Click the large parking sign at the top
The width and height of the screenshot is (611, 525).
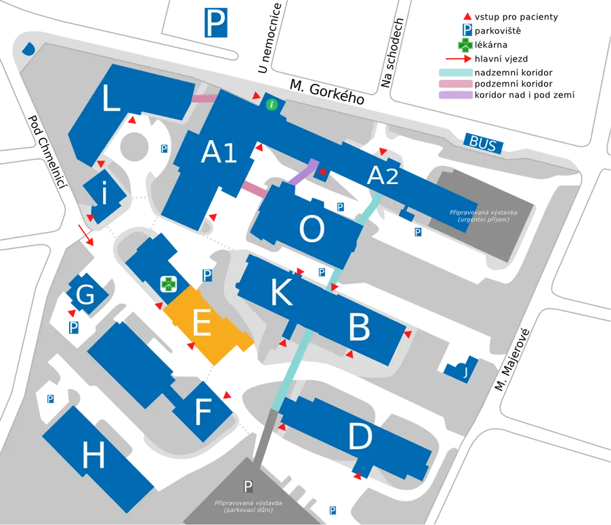pyautogui.click(x=216, y=23)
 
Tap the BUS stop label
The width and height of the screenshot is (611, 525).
pyautogui.click(x=483, y=143)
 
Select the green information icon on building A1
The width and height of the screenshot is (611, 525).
pyautogui.click(x=272, y=104)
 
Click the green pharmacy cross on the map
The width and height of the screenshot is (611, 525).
pyautogui.click(x=169, y=284)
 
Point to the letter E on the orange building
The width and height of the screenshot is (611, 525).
pyautogui.click(x=203, y=323)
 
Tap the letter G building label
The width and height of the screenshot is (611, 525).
pyautogui.click(x=85, y=294)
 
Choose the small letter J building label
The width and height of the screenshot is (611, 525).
pyautogui.click(x=465, y=372)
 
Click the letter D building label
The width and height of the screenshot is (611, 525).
pyautogui.click(x=360, y=436)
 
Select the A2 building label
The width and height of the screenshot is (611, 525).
pyautogui.click(x=383, y=175)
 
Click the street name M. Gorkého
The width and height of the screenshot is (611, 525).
pyautogui.click(x=327, y=92)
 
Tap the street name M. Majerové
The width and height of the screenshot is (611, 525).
pyautogui.click(x=512, y=359)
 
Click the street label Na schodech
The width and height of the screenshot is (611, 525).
pyautogui.click(x=392, y=53)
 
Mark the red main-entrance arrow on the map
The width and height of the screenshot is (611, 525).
pyautogui.click(x=86, y=235)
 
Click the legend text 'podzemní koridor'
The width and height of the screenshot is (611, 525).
pyautogui.click(x=513, y=84)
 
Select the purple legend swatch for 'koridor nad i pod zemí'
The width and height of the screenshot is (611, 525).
pyautogui.click(x=455, y=95)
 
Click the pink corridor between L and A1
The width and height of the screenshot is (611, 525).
pyautogui.click(x=204, y=98)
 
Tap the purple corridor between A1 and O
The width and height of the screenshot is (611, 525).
pyautogui.click(x=304, y=173)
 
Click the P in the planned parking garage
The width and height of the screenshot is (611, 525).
pyautogui.click(x=248, y=486)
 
